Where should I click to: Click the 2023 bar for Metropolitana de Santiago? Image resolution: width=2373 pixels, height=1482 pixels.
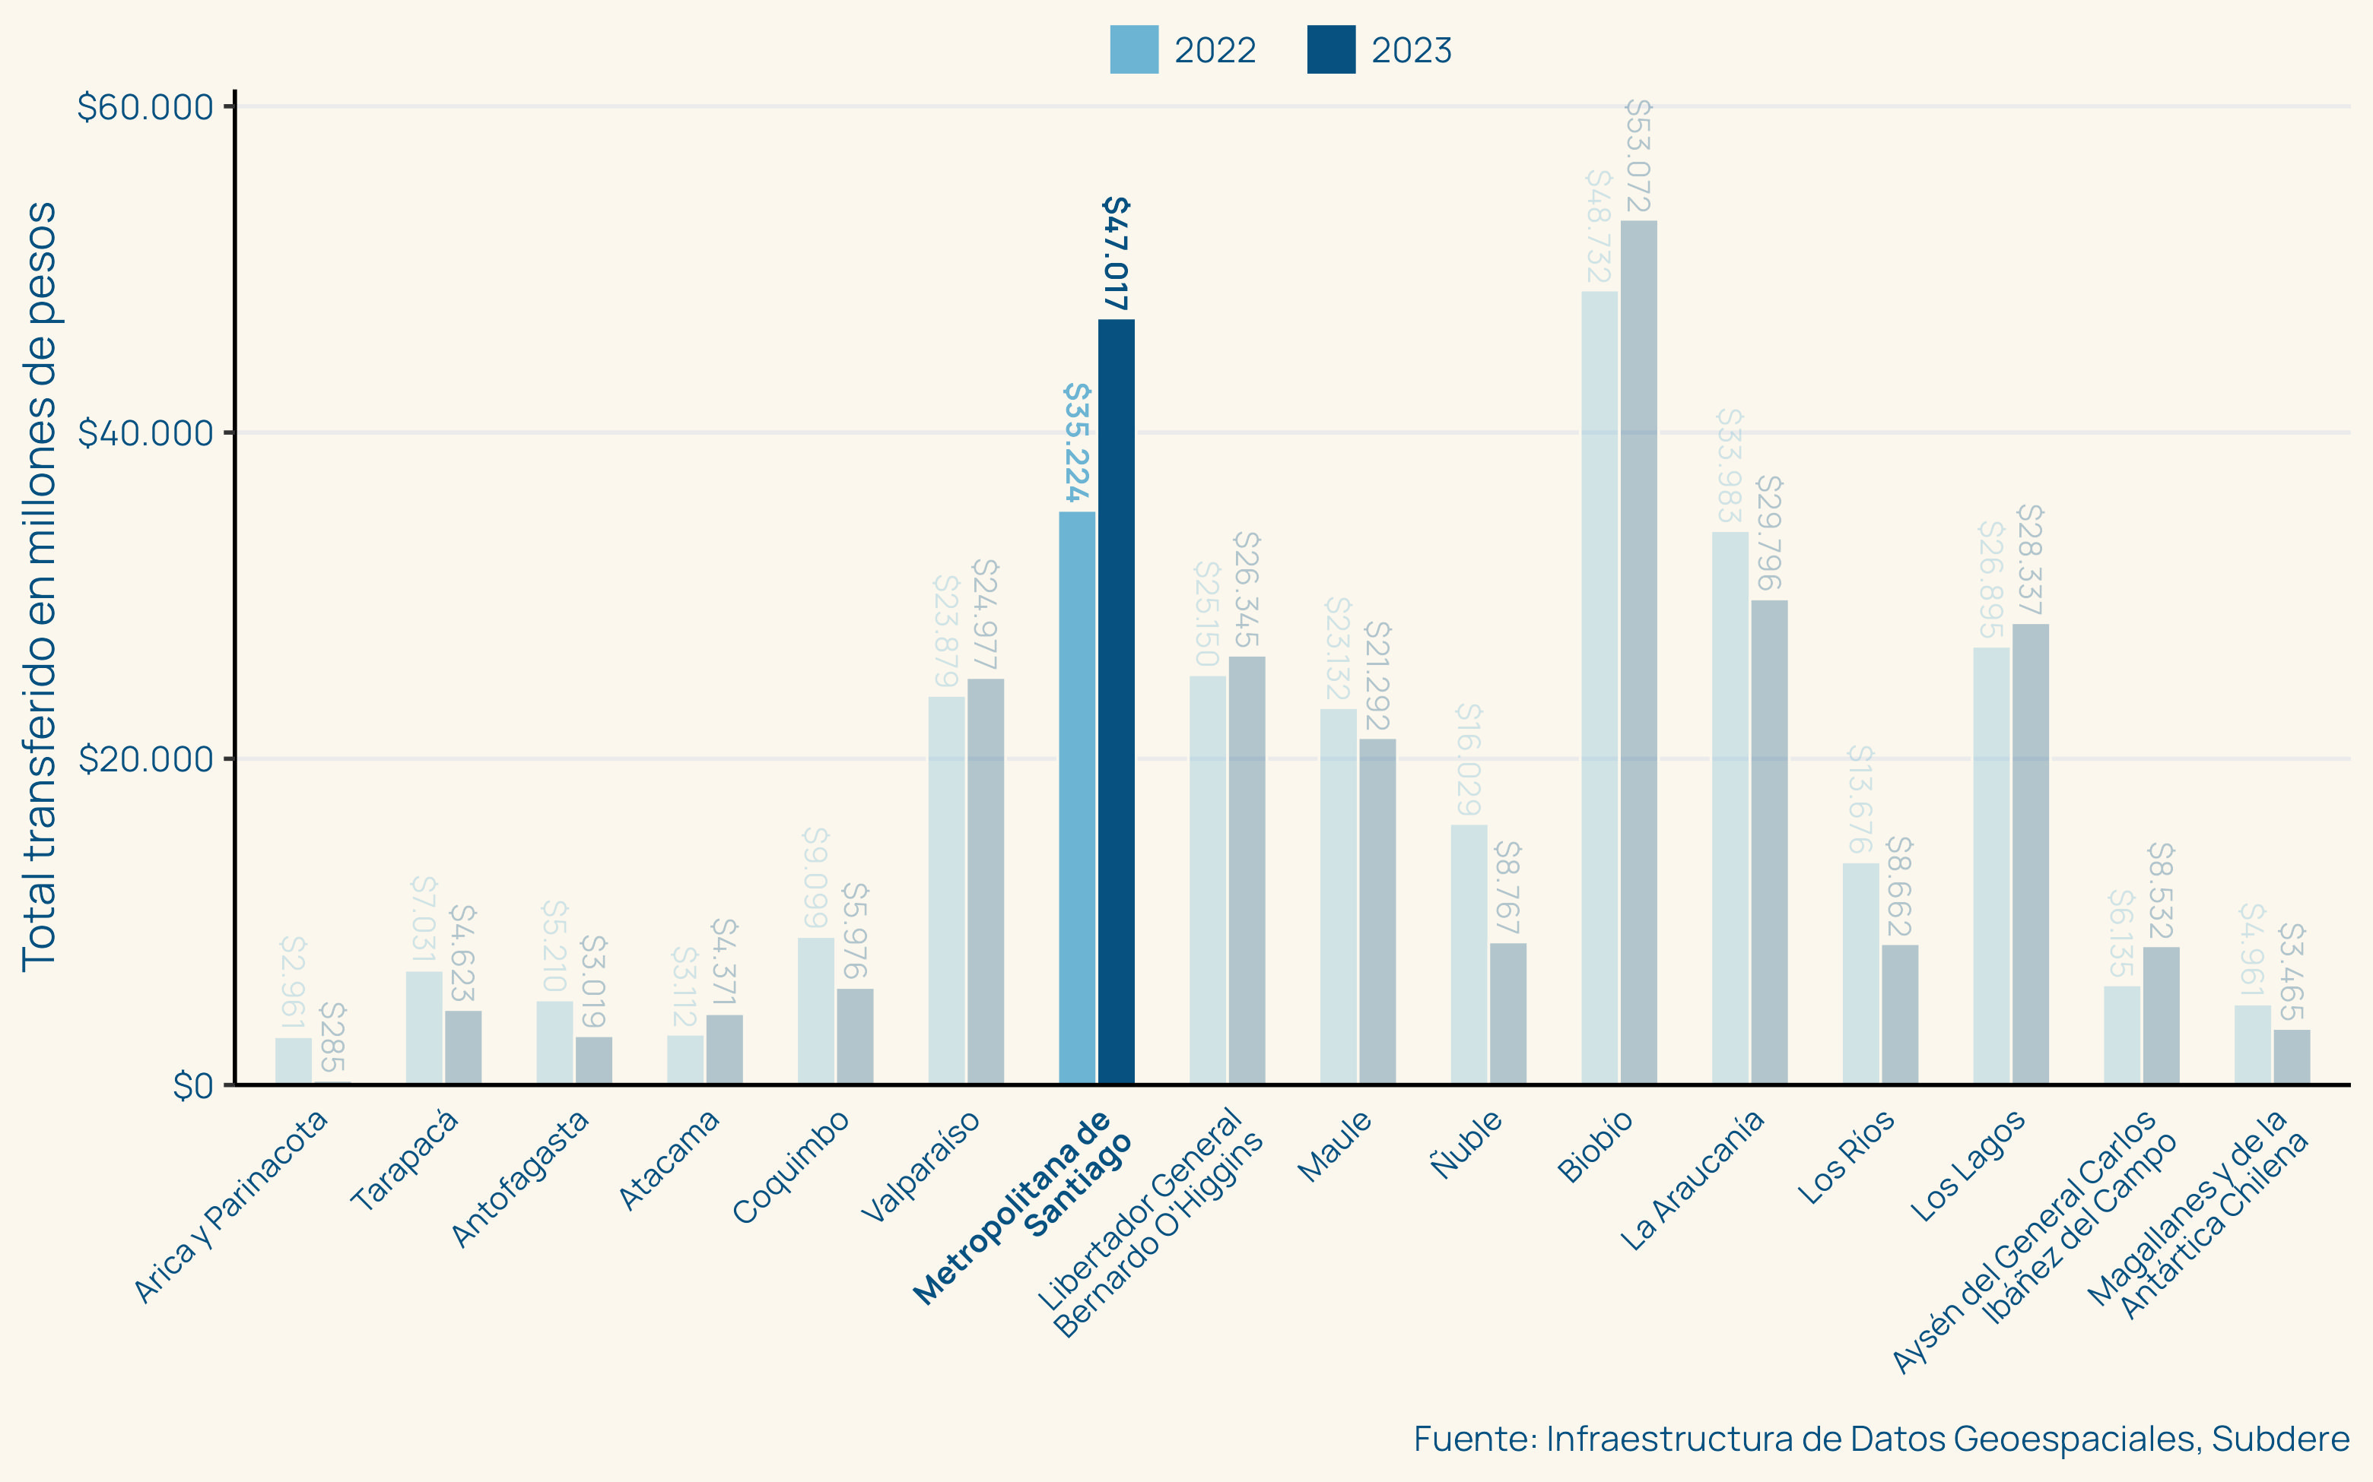click(x=1116, y=701)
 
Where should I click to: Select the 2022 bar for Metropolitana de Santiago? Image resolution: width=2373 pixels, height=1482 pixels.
click(x=1077, y=797)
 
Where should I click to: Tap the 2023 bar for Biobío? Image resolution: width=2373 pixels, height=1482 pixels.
click(x=1638, y=652)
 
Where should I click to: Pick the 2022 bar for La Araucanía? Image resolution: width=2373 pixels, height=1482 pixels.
click(x=1730, y=808)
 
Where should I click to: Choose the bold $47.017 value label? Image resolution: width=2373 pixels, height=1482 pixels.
click(x=1116, y=253)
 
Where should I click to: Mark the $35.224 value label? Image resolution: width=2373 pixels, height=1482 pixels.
click(x=1077, y=442)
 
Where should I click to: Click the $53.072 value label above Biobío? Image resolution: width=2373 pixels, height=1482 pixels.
click(x=1638, y=156)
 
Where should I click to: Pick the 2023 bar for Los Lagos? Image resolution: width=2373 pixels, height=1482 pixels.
click(x=2030, y=853)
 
